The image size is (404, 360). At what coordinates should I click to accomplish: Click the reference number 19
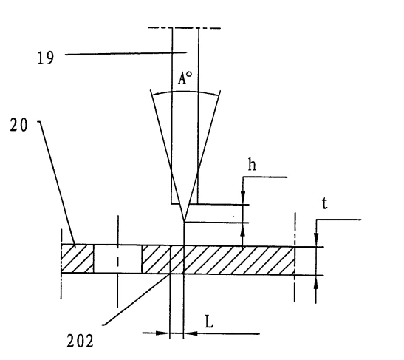tap(46, 58)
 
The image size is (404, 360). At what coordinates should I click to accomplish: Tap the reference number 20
tap(18, 126)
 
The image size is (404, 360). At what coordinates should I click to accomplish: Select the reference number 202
tap(80, 341)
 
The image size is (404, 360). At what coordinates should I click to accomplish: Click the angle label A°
tap(185, 78)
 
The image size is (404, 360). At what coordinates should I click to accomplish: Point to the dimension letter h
tap(252, 165)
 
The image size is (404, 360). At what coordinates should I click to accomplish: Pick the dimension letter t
tap(325, 203)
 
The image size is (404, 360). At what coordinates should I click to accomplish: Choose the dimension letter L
tap(209, 322)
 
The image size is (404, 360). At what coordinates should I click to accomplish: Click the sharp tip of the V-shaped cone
tap(184, 221)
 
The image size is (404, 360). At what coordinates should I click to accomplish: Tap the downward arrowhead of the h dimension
tap(243, 197)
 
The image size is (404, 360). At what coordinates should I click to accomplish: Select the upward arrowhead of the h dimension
tap(243, 229)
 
